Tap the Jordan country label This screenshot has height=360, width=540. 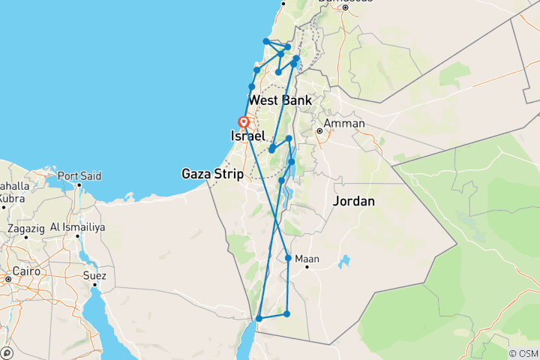353,202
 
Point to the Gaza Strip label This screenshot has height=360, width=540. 213,175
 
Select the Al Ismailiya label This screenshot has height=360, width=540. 77,226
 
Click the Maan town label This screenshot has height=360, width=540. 307,259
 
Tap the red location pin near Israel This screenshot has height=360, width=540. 243,123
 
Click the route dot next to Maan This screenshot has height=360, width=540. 288,258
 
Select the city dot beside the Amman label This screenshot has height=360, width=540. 319,131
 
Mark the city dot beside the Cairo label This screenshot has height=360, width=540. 7,279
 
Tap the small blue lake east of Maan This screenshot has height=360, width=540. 344,263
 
